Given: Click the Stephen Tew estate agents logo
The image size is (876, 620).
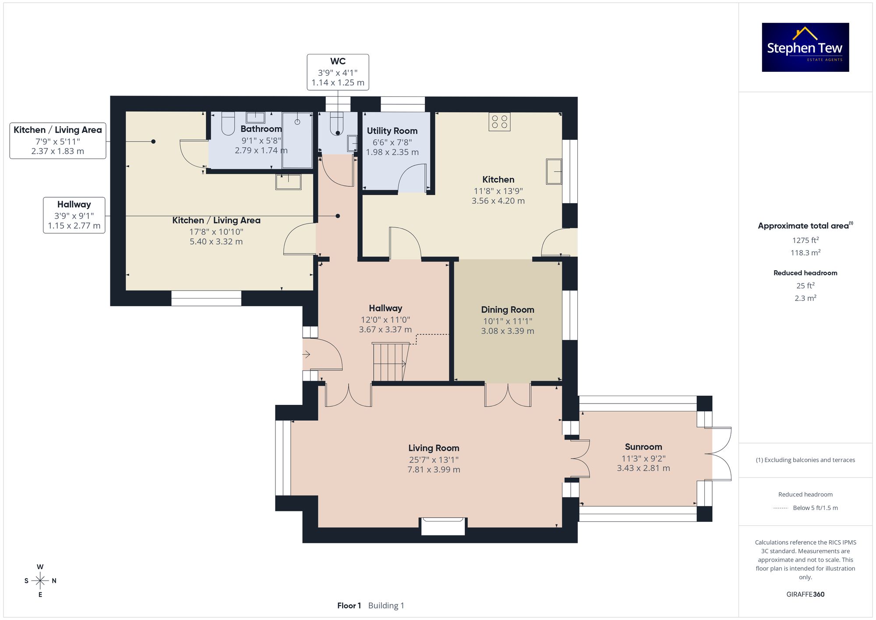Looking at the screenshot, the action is coord(805,47).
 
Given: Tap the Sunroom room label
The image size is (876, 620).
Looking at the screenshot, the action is coord(643,447).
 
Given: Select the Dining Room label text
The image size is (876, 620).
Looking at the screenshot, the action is coord(508,310).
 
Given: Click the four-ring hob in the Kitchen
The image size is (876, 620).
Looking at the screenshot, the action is coord(499,122).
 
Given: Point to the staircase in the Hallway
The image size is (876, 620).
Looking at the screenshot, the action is coord(390,362).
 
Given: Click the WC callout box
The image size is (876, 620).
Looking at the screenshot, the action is coord(338,72).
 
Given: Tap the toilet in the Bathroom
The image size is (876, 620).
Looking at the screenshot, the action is coord(228,124).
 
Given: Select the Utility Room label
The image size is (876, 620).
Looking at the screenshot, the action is coord(392,131).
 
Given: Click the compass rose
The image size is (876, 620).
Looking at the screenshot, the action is coord(40,581).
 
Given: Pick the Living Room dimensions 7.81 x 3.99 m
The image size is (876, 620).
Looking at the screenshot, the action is coord(434,470).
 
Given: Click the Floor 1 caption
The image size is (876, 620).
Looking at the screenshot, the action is coord(349,606).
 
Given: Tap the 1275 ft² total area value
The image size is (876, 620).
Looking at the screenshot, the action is coord(805,240).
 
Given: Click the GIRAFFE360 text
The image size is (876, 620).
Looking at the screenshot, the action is coord(805,595).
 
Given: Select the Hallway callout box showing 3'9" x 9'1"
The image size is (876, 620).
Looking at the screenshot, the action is coord(74,215).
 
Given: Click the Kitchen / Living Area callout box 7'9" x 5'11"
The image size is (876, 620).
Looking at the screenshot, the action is coord(58,141).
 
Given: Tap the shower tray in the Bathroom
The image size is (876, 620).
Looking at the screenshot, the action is coord(297,140).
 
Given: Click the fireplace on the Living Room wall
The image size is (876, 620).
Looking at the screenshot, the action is coord(443,526).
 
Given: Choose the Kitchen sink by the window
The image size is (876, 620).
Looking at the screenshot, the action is coord(554,171).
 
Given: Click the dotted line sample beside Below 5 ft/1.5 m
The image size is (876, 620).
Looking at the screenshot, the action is coord(781,508).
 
